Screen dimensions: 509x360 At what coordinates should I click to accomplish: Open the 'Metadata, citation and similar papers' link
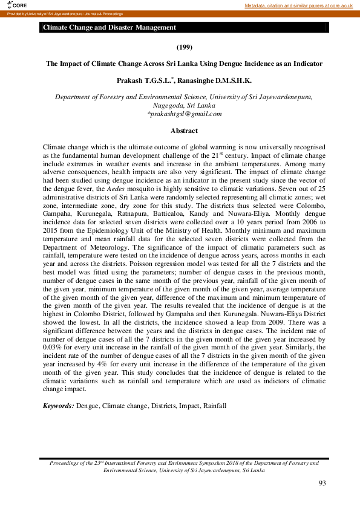pyautogui.click(x=298, y=5)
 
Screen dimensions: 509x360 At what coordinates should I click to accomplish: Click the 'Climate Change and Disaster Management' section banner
pyautogui.click(x=110, y=27)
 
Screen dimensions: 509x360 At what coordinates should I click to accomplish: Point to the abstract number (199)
pyautogui.click(x=184, y=47)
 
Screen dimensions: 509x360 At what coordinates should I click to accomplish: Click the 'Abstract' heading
pyautogui.click(x=184, y=131)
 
